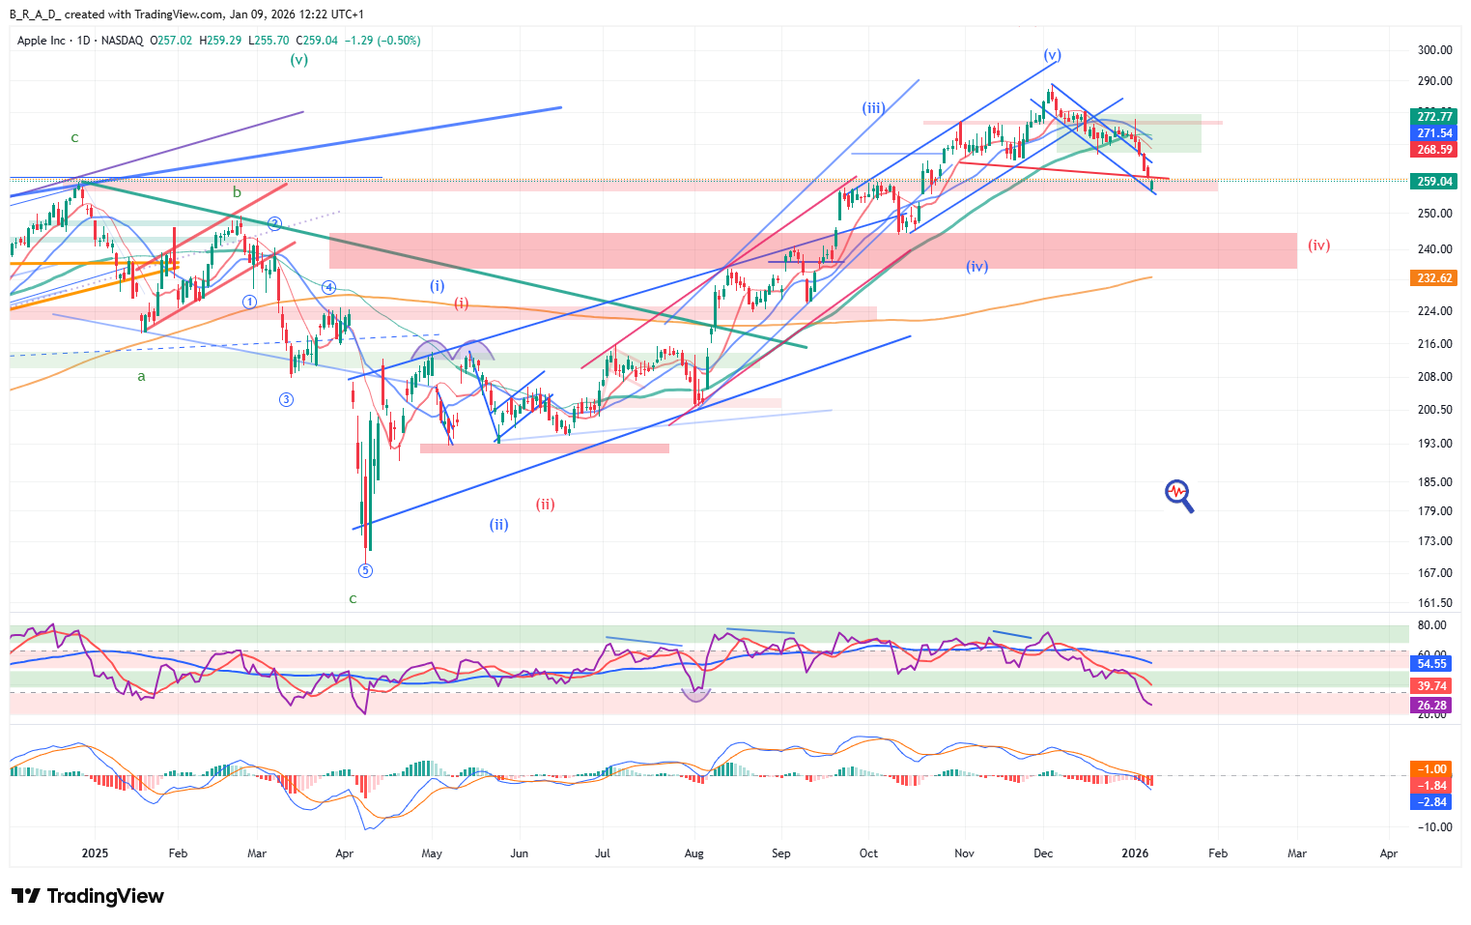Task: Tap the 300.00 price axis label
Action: [1434, 50]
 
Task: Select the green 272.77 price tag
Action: [1434, 117]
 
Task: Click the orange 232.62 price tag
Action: [1434, 278]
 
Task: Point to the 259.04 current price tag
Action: [1434, 182]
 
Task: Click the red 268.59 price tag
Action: [1434, 150]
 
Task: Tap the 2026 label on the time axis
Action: [1135, 853]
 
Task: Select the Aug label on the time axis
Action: [693, 853]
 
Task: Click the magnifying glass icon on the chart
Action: [1178, 496]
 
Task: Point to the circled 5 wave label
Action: [365, 570]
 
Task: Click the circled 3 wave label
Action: [286, 399]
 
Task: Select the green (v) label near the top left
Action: [299, 60]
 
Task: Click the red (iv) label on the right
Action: [1318, 246]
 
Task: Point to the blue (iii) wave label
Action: [872, 108]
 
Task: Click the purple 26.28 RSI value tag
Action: [1431, 706]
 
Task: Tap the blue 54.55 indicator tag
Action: [1431, 664]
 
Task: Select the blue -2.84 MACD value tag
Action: [1431, 802]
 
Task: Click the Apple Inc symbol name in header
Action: [42, 41]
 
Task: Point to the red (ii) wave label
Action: [545, 505]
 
